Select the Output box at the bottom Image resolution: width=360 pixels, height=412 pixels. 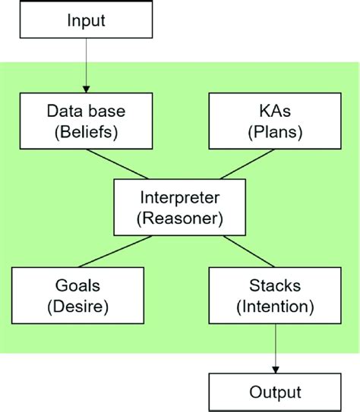click(x=274, y=392)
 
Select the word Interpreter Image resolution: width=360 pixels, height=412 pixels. click(x=179, y=197)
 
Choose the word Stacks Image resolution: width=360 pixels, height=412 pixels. click(x=274, y=287)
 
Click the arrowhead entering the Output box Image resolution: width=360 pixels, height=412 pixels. click(x=274, y=369)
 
